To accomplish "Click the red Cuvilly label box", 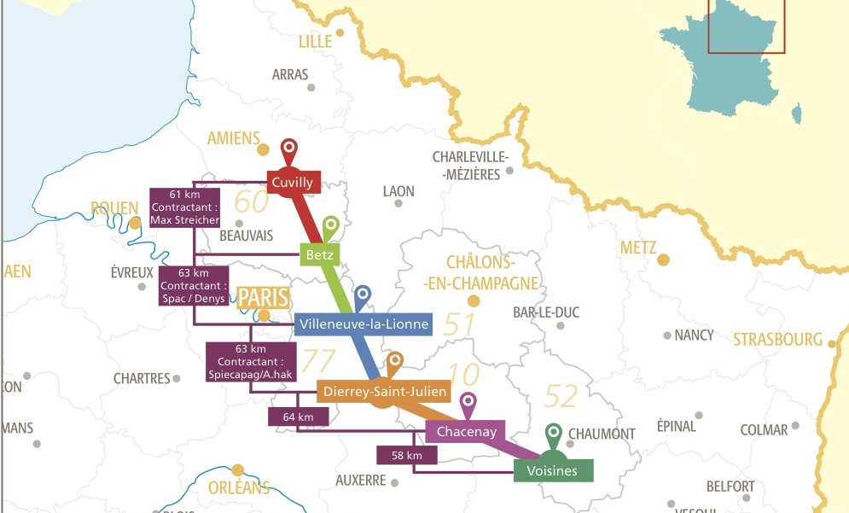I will point(293,182).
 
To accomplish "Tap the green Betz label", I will point(321,254).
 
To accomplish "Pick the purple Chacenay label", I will point(466,432).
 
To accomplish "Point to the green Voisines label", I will point(553,470).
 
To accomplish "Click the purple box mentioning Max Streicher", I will point(184,207).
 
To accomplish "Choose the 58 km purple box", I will point(407,455).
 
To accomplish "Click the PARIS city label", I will point(264,298).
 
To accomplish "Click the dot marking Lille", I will point(340,33).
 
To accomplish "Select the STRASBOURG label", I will point(777,340).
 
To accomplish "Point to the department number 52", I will point(560,396).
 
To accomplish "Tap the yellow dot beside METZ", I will point(664,259).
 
